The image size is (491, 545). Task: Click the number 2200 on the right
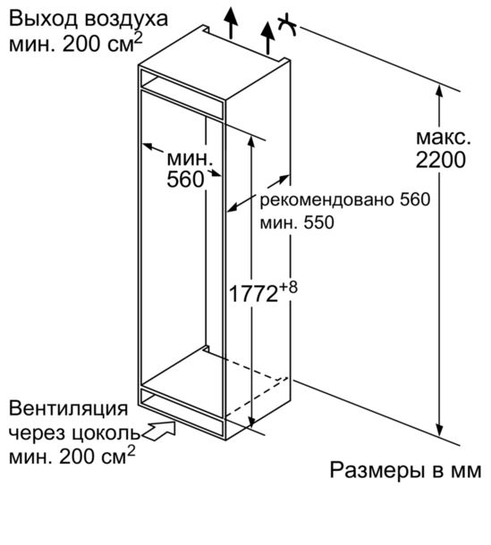[x=441, y=160]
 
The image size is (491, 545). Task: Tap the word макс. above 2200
[x=444, y=138]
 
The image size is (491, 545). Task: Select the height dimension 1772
[x=253, y=294]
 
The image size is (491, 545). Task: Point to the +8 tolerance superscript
[x=288, y=288]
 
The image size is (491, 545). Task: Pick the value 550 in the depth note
[x=318, y=222]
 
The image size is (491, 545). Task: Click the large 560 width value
[x=185, y=180]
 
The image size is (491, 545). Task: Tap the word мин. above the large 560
[x=190, y=159]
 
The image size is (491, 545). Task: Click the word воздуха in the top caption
[x=126, y=20]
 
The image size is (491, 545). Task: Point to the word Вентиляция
[x=68, y=409]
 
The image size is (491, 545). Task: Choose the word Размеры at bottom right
[x=377, y=471]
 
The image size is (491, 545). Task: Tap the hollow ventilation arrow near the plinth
[x=160, y=431]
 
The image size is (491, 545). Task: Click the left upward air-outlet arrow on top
[x=231, y=21]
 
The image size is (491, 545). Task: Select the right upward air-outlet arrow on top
[x=268, y=38]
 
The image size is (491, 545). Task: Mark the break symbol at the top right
[x=288, y=25]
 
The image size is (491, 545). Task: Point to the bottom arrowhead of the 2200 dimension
[x=440, y=431]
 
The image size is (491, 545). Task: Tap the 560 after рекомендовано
[x=415, y=199]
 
